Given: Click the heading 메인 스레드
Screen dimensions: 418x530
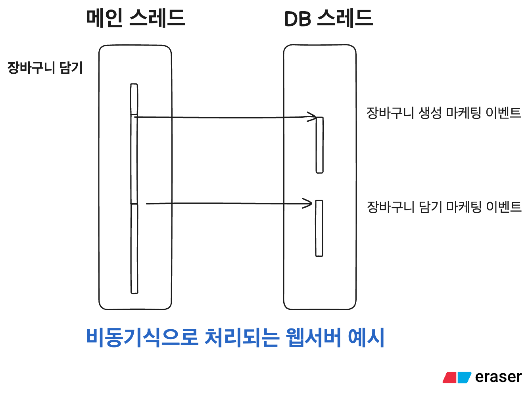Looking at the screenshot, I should [136, 18].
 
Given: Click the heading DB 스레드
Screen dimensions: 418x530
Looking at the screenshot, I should [328, 19].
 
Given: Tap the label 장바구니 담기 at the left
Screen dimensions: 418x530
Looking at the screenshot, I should [45, 68].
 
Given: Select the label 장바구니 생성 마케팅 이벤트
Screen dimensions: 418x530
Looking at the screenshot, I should [444, 113].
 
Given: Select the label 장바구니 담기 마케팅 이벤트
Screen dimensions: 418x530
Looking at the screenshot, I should [444, 206].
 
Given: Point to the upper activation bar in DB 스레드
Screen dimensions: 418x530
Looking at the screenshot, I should [320, 145].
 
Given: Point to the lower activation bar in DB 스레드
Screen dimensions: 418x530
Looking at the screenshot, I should [319, 228].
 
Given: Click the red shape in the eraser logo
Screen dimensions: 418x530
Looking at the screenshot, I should [450, 378].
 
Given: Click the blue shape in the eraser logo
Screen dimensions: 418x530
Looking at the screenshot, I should [464, 378].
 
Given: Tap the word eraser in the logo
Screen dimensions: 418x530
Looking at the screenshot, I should [498, 377].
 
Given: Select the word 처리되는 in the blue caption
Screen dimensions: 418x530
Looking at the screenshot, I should [242, 338].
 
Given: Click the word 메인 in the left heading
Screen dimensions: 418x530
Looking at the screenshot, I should [104, 18].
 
